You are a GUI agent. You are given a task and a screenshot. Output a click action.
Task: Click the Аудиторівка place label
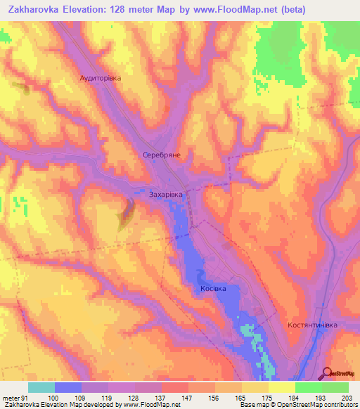click(x=101, y=79)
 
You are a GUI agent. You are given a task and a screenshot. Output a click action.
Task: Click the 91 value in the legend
click(x=25, y=398)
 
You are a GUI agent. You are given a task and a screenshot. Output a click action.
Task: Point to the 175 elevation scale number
click(x=268, y=398)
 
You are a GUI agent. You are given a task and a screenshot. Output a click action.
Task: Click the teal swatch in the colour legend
click(x=41, y=387)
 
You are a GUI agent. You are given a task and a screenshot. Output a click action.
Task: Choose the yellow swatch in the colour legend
click(x=282, y=387)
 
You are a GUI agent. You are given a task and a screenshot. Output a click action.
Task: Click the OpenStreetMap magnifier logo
click(x=327, y=373)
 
